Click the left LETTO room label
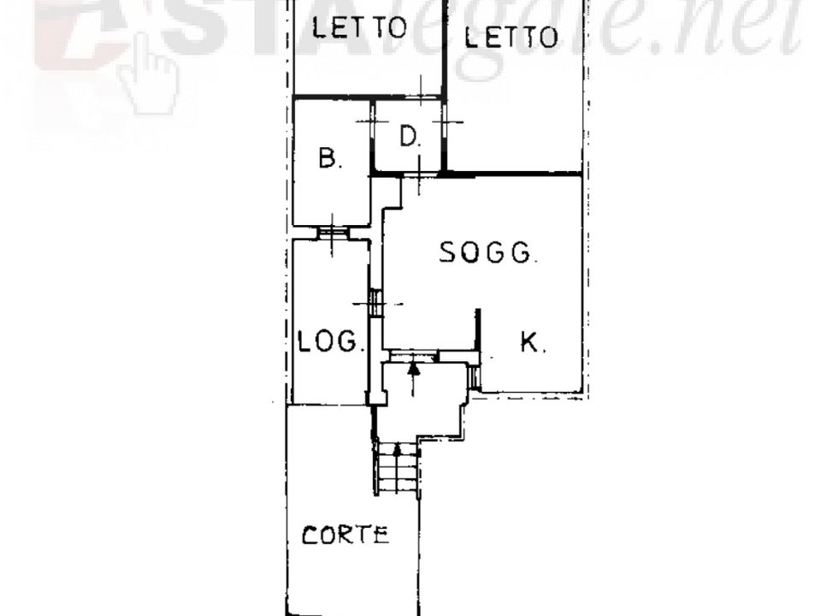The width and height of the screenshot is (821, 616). click(359, 27)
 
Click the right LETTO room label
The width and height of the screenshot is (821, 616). click(511, 37)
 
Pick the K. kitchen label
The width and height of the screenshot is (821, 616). click(533, 342)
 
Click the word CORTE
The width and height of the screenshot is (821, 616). click(346, 536)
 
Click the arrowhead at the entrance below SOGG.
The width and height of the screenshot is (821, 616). click(414, 368)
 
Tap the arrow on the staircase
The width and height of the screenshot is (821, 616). click(398, 468)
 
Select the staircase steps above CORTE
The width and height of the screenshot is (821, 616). click(398, 467)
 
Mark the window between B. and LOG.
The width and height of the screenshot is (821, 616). click(333, 233)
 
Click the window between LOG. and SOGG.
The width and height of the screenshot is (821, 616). click(375, 303)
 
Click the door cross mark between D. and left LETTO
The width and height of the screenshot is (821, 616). click(422, 92)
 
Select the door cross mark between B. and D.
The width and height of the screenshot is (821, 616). click(372, 121)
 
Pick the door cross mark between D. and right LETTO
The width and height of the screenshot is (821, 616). click(446, 122)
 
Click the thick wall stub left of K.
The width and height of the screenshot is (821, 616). click(477, 330)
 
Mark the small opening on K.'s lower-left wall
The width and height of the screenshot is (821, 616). click(475, 377)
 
